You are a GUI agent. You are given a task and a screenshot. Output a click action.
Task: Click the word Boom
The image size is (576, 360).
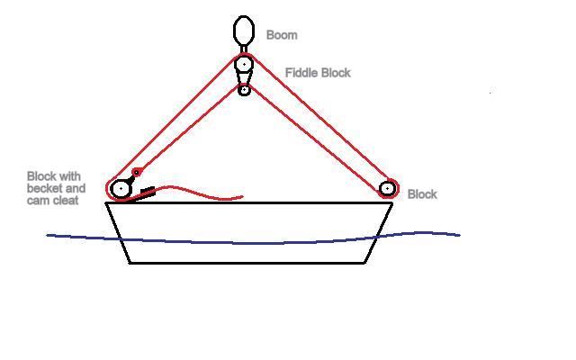click(x=282, y=35)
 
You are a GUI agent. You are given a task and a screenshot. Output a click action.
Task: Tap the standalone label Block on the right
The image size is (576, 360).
click(x=422, y=194)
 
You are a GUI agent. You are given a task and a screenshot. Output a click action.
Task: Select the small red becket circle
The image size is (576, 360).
click(x=137, y=172)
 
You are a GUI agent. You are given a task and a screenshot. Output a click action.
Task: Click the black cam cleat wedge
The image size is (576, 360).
click(x=148, y=193)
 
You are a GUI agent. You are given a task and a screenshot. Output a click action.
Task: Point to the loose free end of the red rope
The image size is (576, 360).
click(x=242, y=197)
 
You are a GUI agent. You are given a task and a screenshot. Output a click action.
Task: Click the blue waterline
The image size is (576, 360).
click(x=253, y=243)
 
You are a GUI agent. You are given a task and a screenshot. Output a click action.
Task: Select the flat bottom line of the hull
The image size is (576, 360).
click(x=247, y=263)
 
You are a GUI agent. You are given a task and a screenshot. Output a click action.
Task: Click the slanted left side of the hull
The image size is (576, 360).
click(x=118, y=233)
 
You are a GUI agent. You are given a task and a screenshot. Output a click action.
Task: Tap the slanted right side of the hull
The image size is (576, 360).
click(x=378, y=233)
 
